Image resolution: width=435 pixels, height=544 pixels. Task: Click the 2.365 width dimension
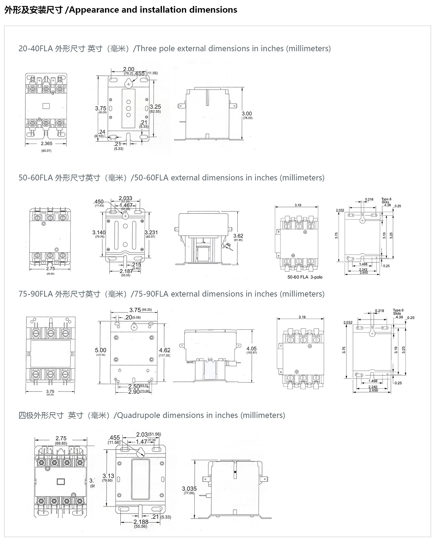46,144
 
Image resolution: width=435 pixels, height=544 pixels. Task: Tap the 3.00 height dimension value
247,114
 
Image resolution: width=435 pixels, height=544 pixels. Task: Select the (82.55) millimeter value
155,111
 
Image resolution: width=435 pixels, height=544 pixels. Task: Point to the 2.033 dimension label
125,198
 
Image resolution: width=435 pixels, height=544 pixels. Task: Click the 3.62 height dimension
238,236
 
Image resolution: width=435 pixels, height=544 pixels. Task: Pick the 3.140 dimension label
99,233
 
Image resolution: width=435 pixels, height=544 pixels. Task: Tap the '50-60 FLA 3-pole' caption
305,277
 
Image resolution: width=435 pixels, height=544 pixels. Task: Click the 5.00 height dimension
101,350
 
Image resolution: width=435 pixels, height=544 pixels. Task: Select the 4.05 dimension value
251,349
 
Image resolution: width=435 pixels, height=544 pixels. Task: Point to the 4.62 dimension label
165,350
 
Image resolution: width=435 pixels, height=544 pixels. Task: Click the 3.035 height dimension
189,489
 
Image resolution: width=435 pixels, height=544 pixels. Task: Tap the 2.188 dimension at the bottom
141,522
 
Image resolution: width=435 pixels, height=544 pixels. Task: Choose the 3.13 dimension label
108,476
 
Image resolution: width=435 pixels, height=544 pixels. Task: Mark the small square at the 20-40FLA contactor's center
46,106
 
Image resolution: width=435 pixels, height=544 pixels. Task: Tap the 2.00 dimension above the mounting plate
128,69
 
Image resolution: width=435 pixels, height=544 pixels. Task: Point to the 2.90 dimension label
134,392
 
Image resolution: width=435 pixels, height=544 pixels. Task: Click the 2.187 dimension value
126,271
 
